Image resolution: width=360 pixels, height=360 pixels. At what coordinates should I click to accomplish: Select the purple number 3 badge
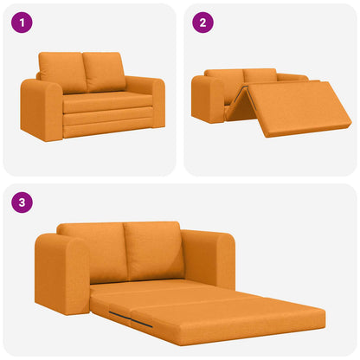22,204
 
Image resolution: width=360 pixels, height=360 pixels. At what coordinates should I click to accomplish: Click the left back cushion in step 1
62,71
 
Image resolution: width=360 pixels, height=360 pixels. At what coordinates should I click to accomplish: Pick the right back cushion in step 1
104,71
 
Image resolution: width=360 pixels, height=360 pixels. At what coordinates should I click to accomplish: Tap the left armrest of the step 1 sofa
40,108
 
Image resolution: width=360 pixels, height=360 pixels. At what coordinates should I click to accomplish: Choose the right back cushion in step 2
260,75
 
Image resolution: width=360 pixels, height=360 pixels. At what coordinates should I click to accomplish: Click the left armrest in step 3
61,273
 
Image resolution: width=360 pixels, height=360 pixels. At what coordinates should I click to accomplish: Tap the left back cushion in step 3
91,251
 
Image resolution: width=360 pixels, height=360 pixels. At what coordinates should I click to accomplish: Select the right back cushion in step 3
153,248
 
